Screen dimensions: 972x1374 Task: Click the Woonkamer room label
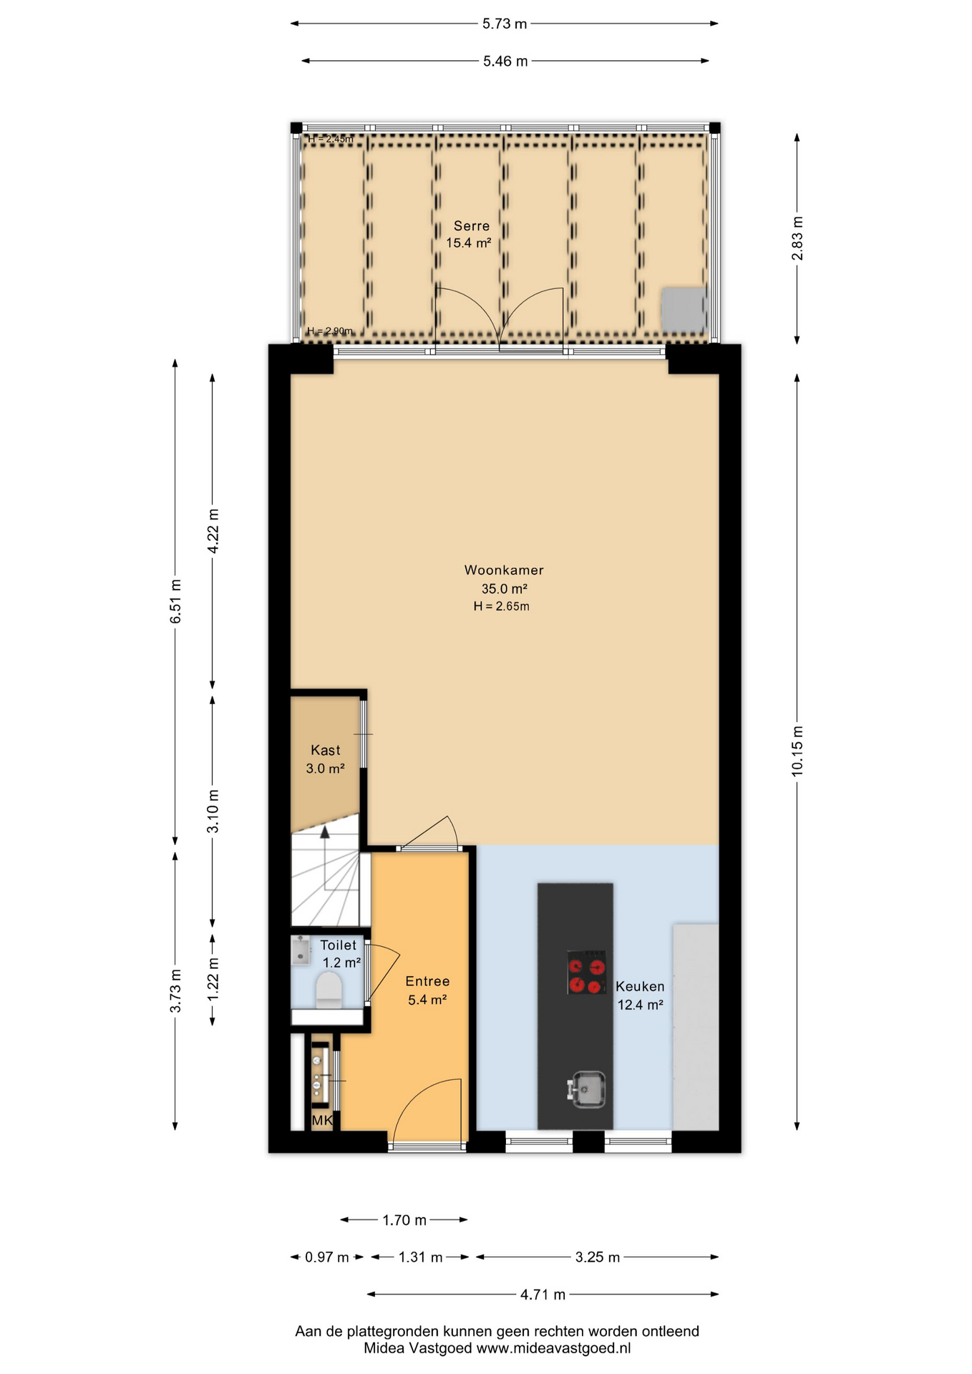point(504,570)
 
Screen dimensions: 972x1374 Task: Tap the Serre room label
point(472,226)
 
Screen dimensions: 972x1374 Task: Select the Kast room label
point(326,750)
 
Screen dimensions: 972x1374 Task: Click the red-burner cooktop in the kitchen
point(587,973)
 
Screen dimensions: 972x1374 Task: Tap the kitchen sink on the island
point(587,1090)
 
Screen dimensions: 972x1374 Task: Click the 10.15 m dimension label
point(797,750)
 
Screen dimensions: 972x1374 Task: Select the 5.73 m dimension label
point(505,24)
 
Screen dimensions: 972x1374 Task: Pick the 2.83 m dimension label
point(797,238)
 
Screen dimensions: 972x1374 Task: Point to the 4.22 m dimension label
point(213,530)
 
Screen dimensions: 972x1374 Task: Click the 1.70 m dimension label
point(404,1220)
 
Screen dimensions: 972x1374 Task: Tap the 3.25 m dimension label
point(598,1257)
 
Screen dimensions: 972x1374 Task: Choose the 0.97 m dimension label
point(327,1257)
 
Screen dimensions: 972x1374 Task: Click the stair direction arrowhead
point(325,832)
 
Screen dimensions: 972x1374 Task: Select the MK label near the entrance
point(322,1121)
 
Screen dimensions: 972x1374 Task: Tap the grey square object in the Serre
point(684,310)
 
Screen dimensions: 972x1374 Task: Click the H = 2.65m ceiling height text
point(501,607)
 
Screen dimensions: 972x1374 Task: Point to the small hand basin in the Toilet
point(301,951)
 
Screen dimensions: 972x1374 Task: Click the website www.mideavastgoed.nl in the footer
point(553,1348)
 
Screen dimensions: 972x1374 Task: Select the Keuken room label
point(640,986)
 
